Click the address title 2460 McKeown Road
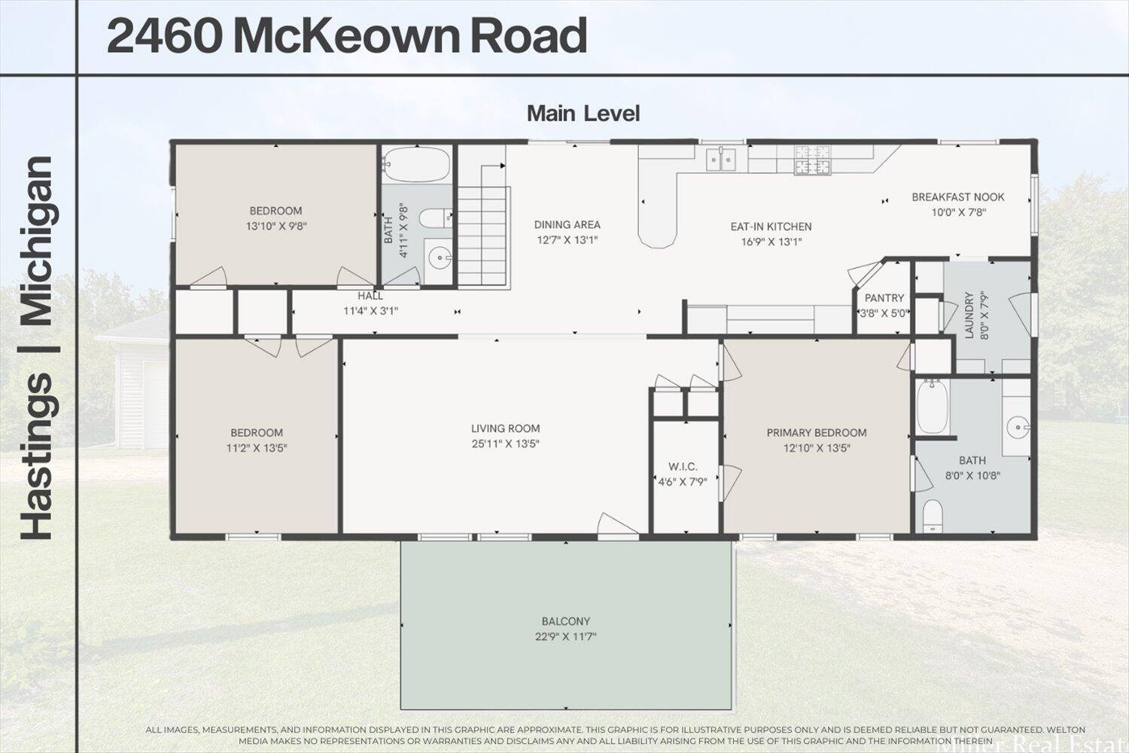(x=347, y=36)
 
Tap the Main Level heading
(x=583, y=114)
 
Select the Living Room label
(x=505, y=428)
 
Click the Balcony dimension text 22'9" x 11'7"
(x=565, y=637)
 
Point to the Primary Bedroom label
(x=816, y=433)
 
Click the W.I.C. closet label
(x=683, y=467)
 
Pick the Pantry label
(x=884, y=298)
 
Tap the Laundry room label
(x=969, y=316)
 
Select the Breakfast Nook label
(x=957, y=197)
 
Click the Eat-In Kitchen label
(x=771, y=227)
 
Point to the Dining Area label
(x=567, y=224)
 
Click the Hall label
(x=370, y=297)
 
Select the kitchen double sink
(x=721, y=159)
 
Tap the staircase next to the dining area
(x=483, y=233)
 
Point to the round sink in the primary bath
(x=1018, y=428)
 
